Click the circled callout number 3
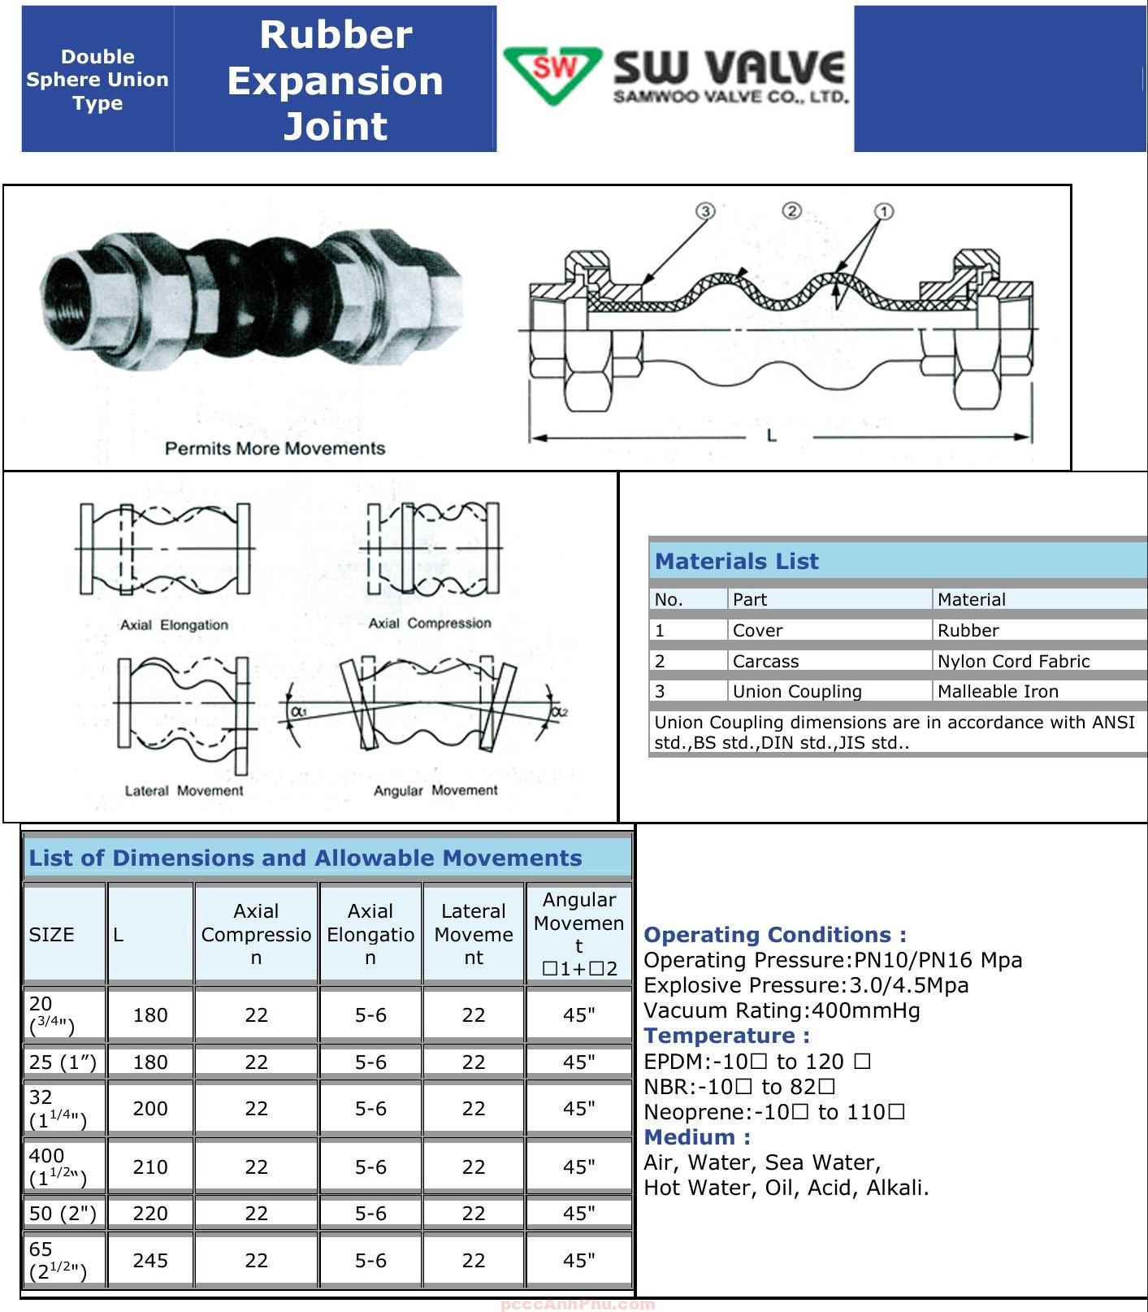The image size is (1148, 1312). pyautogui.click(x=705, y=211)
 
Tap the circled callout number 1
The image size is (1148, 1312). pyautogui.click(x=884, y=211)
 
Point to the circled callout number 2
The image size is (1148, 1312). pyautogui.click(x=791, y=211)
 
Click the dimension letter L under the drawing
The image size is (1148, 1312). pyautogui.click(x=772, y=436)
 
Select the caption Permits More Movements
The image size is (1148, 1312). pyautogui.click(x=275, y=449)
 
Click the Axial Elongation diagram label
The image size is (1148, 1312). pyautogui.click(x=174, y=625)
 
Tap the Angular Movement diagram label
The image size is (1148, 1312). pyautogui.click(x=435, y=790)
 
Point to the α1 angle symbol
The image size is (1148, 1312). pyautogui.click(x=298, y=710)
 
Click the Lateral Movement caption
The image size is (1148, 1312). pyautogui.click(x=184, y=791)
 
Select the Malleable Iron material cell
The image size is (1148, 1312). pyautogui.click(x=998, y=692)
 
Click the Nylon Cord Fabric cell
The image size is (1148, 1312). pyautogui.click(x=1013, y=662)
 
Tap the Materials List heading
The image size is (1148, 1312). pyautogui.click(x=737, y=562)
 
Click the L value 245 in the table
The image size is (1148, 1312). pyautogui.click(x=150, y=1261)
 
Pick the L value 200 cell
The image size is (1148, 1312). pyautogui.click(x=150, y=1109)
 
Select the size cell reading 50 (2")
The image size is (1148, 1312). pyautogui.click(x=63, y=1214)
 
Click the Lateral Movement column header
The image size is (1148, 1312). pyautogui.click(x=474, y=935)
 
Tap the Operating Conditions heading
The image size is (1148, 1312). pyautogui.click(x=774, y=935)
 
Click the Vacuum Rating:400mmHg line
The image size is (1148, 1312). pyautogui.click(x=782, y=1011)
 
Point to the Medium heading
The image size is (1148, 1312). pyautogui.click(x=697, y=1137)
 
